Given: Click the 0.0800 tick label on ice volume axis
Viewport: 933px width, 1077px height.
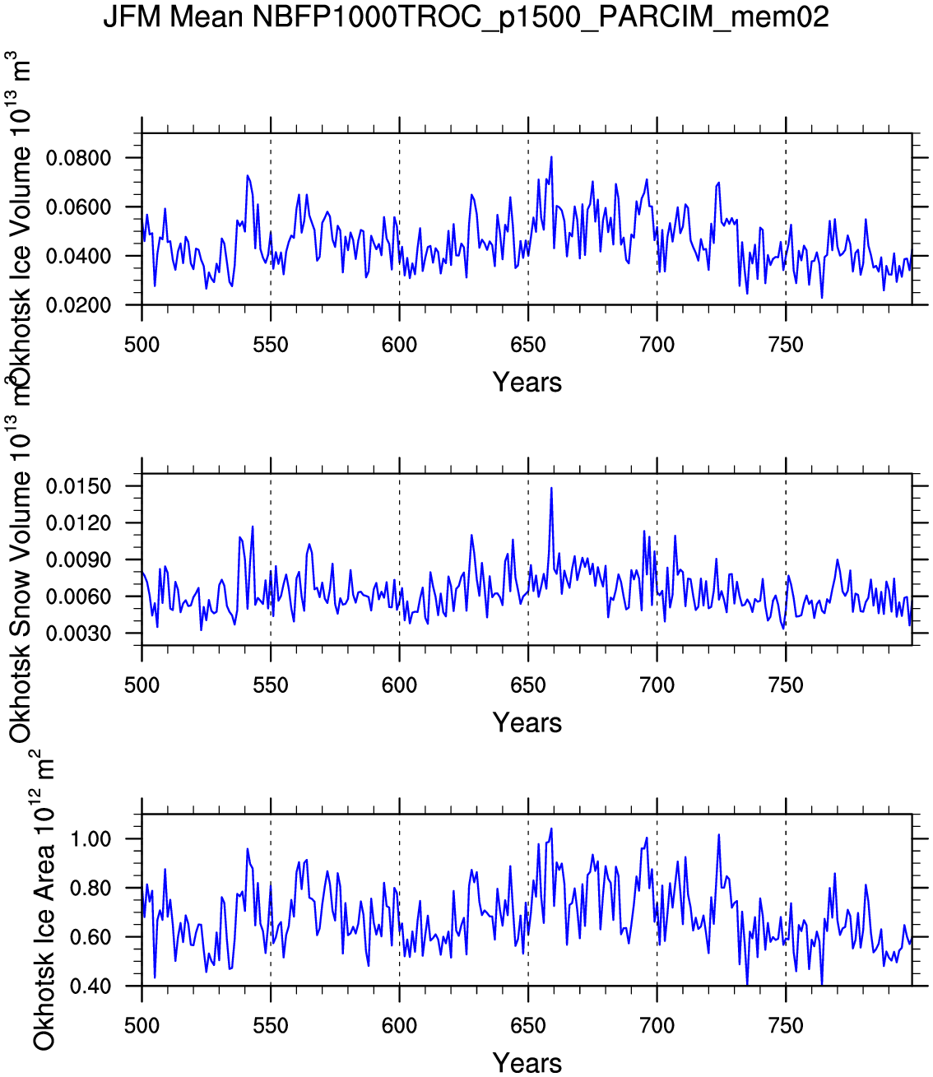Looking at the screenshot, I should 78,158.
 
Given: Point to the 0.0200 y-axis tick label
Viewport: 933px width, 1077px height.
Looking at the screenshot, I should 78,305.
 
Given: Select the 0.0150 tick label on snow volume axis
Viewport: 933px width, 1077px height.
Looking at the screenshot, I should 78,486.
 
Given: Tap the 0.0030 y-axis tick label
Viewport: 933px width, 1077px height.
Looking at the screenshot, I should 78,634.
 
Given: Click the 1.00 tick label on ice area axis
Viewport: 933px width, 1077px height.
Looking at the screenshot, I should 91,839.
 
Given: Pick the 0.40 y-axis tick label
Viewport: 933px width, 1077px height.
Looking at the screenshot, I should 91,986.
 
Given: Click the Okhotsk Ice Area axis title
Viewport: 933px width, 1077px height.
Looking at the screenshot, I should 44,901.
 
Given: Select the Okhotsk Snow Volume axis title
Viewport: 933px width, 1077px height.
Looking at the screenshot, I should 21,576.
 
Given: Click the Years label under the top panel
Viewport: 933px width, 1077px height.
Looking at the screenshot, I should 527,383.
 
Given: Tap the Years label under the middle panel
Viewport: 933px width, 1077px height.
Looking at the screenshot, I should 527,723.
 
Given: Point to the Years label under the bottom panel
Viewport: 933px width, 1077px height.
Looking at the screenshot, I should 527,1063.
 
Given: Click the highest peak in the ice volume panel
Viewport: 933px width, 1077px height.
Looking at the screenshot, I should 551,157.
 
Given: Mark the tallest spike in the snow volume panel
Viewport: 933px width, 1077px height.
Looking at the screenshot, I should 551,488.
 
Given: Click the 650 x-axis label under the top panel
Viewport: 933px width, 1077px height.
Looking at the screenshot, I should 528,345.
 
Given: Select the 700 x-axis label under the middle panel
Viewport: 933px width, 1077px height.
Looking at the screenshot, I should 657,685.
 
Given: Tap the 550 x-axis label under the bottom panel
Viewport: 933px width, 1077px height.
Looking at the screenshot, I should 271,1026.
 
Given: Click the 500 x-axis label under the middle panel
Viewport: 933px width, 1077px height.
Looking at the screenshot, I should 142,685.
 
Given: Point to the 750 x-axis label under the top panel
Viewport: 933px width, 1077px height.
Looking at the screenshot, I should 786,345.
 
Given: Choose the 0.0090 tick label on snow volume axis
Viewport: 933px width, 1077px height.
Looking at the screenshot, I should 78,560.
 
